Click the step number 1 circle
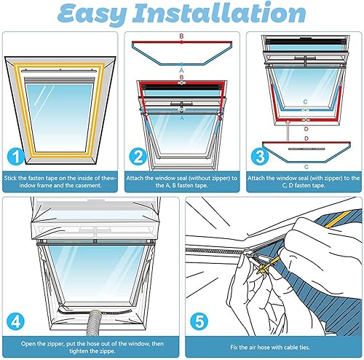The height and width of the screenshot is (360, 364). pyautogui.click(x=16, y=157)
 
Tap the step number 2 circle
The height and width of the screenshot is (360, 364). pyautogui.click(x=138, y=157)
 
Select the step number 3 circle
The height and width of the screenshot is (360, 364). pyautogui.click(x=260, y=157)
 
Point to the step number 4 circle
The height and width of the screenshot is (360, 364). pyautogui.click(x=16, y=321)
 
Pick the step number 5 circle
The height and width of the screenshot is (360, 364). pyautogui.click(x=199, y=321)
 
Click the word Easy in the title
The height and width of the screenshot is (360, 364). pyautogui.click(x=92, y=13)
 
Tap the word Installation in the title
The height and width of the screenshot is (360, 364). pyautogui.click(x=219, y=12)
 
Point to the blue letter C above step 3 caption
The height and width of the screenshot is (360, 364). pyautogui.click(x=306, y=167)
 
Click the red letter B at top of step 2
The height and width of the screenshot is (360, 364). pyautogui.click(x=181, y=36)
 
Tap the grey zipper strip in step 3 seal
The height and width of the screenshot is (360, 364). pyautogui.click(x=306, y=149)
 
